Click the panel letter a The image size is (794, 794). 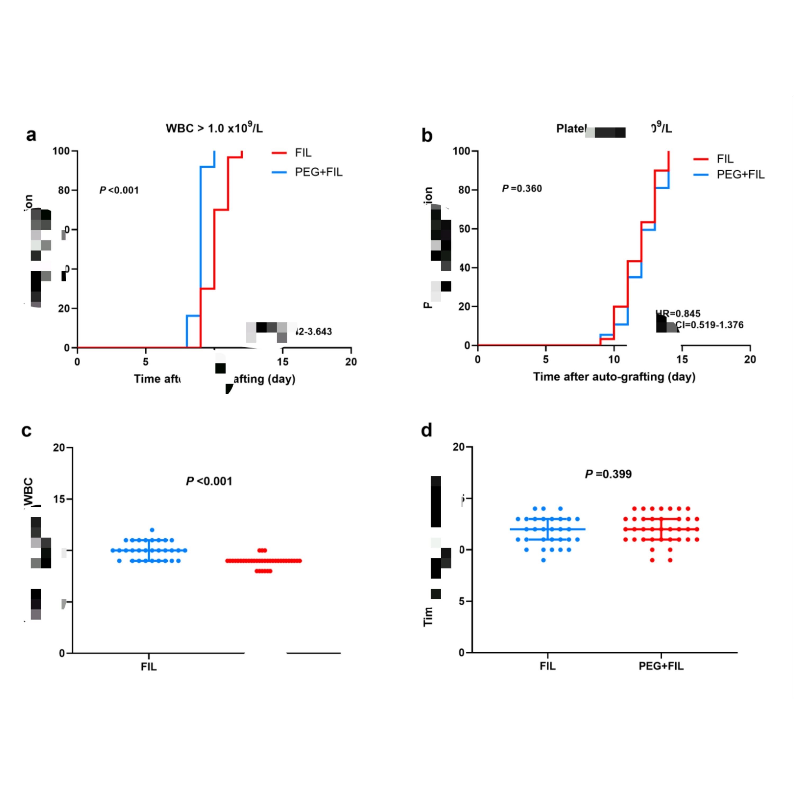pos(31,135)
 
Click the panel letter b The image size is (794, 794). pos(427,135)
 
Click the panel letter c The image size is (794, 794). pos(26,430)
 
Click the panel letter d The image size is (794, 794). pos(427,430)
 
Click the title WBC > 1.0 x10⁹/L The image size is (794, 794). pos(214,128)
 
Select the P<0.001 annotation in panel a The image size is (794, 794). pos(119,190)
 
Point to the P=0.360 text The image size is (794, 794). pos(522,189)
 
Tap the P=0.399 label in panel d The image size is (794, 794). pos(608,474)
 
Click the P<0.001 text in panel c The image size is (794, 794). pos(209,481)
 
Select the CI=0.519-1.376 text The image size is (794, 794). pos(709,325)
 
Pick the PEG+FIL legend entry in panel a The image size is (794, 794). pos(319,172)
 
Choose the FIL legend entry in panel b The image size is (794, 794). pos(725,159)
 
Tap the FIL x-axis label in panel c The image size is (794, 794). pos(149,667)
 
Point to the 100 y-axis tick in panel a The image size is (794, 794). pos(61,151)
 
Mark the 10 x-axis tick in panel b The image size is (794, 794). pos(614,360)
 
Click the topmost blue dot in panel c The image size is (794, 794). pos(152,530)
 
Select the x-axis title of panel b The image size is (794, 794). pos(614,377)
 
